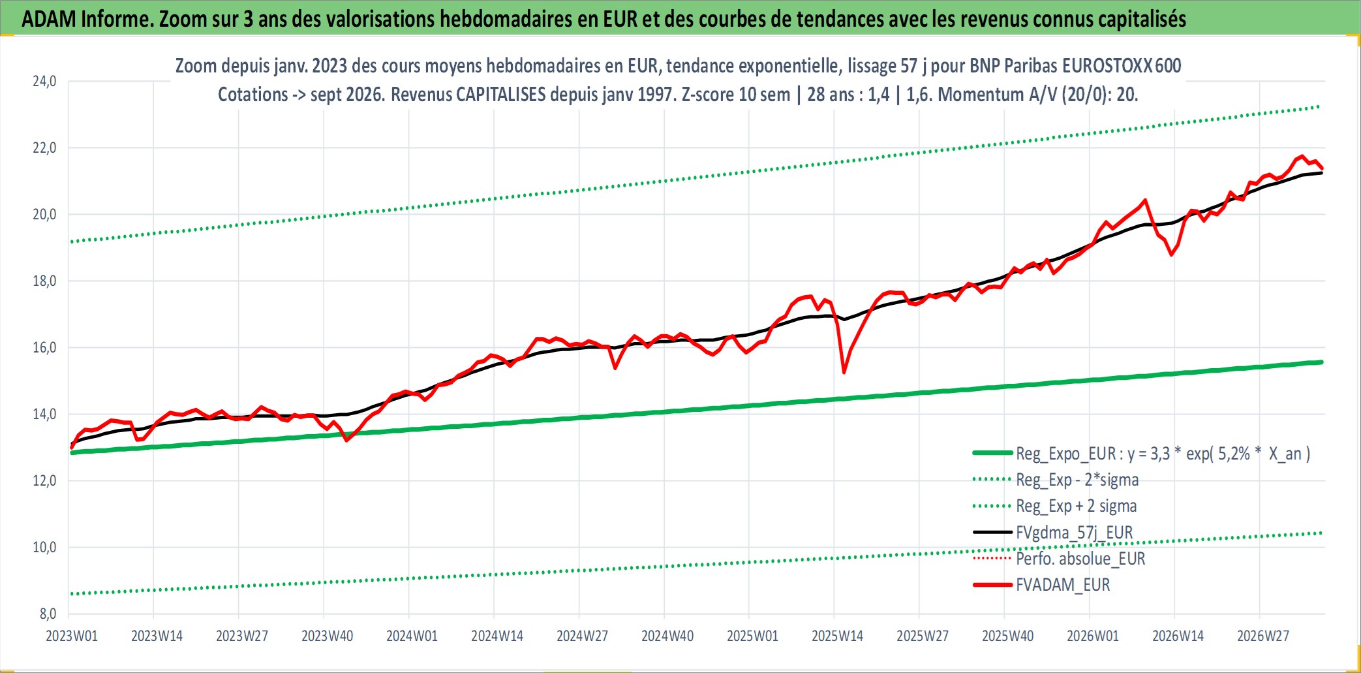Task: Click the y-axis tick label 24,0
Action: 44,82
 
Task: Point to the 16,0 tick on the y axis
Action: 44,348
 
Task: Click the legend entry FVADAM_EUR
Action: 1063,585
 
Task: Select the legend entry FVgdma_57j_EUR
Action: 1074,533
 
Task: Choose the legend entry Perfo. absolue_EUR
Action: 1080,559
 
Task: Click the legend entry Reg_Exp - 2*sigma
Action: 1077,480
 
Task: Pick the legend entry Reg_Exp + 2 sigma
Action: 1077,506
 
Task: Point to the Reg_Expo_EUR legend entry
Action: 1163,454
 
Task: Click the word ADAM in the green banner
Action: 49,19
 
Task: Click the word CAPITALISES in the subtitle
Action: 500,95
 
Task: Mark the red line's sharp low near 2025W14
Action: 844,373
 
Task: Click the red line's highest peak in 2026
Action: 1302,156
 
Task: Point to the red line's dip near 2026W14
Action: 1172,255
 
